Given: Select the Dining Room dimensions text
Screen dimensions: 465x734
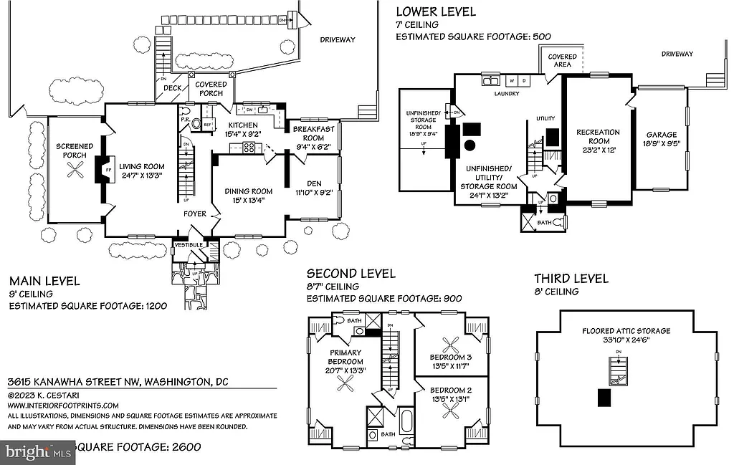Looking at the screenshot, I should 249,200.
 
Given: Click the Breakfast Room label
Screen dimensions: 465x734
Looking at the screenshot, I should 313,133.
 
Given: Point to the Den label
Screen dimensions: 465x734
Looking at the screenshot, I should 313,182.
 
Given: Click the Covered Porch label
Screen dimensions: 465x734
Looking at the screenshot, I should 211,89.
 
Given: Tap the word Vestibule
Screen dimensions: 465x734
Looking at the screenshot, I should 189,245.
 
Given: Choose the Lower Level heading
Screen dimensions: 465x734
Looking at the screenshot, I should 436,11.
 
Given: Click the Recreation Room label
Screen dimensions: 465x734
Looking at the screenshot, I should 598,136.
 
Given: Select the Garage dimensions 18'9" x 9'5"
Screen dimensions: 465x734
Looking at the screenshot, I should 662,143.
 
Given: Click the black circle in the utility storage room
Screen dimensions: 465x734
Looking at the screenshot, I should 470,145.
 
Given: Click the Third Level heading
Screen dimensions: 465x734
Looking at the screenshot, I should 571,279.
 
